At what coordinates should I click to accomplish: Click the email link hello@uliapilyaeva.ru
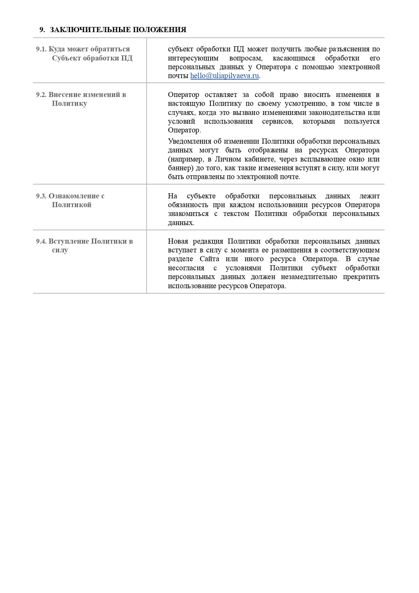coord(224,76)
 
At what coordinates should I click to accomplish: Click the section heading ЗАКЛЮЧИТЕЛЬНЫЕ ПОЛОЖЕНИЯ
coord(118,30)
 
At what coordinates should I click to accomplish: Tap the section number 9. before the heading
coord(42,30)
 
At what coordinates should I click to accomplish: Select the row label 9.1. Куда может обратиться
coord(83,49)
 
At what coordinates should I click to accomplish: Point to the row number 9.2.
coord(41,94)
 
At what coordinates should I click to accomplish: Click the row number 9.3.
coord(41,196)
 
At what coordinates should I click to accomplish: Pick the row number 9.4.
coord(41,241)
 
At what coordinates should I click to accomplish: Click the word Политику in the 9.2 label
coord(69,103)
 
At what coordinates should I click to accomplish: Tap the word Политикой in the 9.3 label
coord(72,205)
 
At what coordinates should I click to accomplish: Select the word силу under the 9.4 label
coord(60,250)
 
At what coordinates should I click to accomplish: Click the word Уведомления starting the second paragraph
coord(190,141)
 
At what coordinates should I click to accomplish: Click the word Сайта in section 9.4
coord(209,259)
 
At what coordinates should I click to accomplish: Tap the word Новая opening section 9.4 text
coord(178,241)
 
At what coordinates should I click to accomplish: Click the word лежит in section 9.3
coord(369,196)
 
